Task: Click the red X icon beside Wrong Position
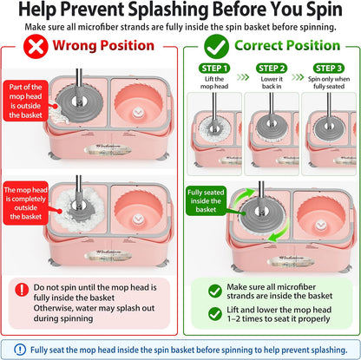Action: [x=36, y=46]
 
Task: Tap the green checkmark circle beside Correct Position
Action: [x=216, y=46]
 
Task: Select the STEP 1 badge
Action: [x=214, y=69]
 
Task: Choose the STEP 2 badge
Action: [x=272, y=69]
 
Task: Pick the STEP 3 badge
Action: [x=329, y=69]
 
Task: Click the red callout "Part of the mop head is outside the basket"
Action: [x=26, y=101]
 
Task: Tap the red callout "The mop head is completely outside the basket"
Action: [x=26, y=203]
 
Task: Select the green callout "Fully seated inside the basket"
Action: [x=206, y=200]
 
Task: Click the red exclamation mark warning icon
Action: [x=22, y=289]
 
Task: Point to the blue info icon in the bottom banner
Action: [x=20, y=350]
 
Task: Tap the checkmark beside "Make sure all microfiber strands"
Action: [x=215, y=291]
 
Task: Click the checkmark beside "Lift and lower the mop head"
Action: [x=215, y=314]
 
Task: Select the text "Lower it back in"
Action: [x=272, y=82]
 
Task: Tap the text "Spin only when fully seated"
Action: [x=329, y=82]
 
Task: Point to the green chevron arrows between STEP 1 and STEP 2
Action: [x=243, y=77]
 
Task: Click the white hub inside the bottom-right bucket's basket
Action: [x=319, y=226]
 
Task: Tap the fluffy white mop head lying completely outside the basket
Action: [x=79, y=209]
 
